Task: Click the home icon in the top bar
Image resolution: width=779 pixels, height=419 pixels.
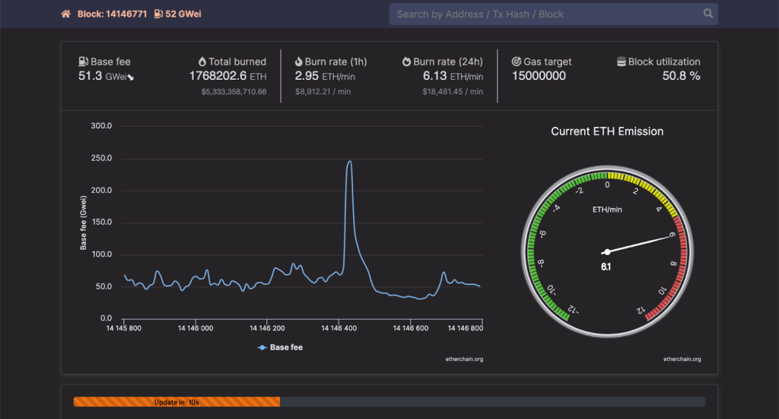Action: point(65,14)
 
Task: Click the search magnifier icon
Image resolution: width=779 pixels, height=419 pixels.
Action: point(708,14)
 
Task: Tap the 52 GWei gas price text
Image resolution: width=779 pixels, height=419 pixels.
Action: point(183,14)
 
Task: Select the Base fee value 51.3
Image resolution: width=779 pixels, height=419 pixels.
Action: point(90,75)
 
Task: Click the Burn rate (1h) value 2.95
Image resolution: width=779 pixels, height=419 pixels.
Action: point(307,75)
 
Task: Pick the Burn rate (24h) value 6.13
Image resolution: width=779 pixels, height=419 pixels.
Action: point(435,75)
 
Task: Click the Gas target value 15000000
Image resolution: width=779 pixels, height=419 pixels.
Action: point(539,75)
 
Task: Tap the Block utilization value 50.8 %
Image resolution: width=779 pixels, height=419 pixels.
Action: point(681,75)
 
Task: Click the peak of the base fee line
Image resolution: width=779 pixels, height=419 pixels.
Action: point(349,161)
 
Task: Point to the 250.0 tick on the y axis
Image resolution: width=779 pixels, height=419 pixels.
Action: point(101,158)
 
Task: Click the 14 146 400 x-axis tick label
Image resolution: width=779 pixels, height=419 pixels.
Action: point(339,328)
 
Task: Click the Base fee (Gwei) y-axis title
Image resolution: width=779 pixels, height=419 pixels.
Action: point(84,222)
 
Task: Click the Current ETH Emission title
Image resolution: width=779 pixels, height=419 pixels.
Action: point(607,131)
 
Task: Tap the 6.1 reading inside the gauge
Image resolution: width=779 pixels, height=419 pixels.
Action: point(606,267)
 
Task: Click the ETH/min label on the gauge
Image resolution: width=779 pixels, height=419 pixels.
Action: point(606,209)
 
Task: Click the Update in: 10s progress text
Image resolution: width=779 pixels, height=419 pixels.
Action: point(176,401)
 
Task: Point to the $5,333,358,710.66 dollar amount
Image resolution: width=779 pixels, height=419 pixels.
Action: point(234,91)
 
